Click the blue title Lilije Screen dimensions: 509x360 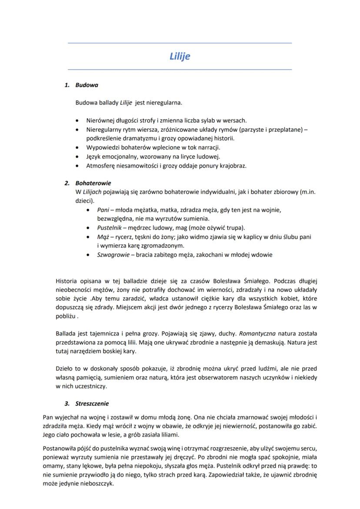pyautogui.click(x=180, y=57)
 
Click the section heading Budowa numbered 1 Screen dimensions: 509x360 pyautogui.click(x=87, y=85)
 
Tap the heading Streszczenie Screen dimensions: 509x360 pyautogui.click(x=93, y=403)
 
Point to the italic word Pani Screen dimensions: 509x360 pyautogui.click(x=103, y=210)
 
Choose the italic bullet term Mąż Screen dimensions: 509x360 pyautogui.click(x=103, y=237)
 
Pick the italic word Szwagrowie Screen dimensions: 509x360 pyautogui.click(x=113, y=255)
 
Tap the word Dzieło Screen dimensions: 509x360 pyautogui.click(x=65, y=369)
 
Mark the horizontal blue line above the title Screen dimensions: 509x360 pyautogui.click(x=180, y=43)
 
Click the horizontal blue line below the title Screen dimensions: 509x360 pyautogui.click(x=180, y=70)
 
